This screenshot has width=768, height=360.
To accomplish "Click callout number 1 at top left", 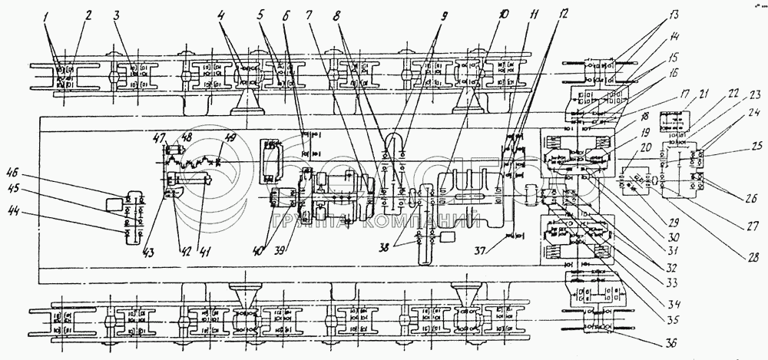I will pos(51,15).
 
